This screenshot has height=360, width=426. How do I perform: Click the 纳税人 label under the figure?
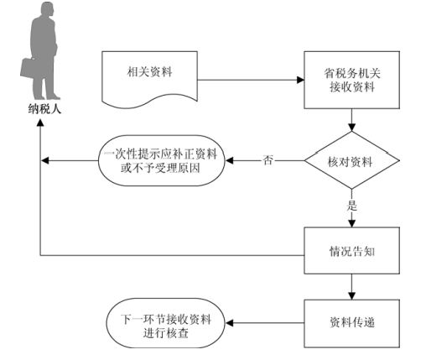(44, 109)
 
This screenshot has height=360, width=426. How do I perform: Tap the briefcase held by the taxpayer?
(29, 68)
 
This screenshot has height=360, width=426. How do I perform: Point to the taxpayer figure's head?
(47, 9)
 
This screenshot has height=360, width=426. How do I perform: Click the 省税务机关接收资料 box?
(351, 80)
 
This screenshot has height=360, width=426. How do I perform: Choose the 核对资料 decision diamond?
(351, 160)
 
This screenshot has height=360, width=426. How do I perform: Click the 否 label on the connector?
(268, 160)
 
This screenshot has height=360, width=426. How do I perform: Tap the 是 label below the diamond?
(352, 206)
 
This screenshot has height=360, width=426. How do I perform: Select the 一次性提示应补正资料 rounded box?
(162, 160)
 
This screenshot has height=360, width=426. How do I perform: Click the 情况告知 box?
(351, 250)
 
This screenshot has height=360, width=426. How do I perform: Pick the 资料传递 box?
(351, 324)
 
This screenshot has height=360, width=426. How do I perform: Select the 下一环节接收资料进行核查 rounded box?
(165, 323)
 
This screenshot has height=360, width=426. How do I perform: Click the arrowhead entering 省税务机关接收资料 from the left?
(300, 80)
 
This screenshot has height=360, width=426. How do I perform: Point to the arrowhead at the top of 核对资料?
(351, 128)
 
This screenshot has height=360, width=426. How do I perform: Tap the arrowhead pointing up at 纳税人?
(40, 123)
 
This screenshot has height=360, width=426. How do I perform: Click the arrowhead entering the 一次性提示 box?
(229, 160)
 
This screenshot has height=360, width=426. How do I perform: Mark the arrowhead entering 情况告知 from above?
(351, 223)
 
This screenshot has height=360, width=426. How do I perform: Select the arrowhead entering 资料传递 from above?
(351, 296)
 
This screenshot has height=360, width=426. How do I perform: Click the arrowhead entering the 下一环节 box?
(229, 323)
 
